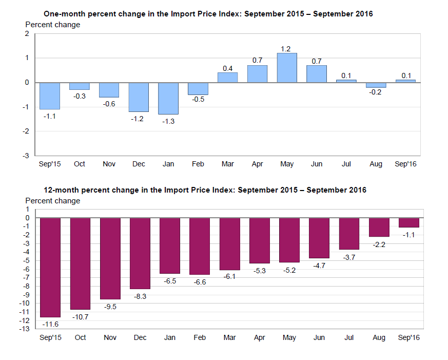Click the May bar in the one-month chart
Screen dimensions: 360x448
click(x=287, y=68)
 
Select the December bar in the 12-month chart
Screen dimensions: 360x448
click(x=140, y=253)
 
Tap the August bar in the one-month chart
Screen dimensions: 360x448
click(x=376, y=85)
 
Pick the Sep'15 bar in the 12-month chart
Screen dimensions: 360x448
click(x=50, y=268)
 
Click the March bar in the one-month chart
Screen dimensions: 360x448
click(x=227, y=78)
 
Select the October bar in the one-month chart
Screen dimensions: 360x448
click(x=80, y=86)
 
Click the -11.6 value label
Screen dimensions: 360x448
click(x=50, y=324)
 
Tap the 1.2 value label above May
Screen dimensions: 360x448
click(x=286, y=49)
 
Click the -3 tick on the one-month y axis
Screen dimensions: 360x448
click(x=27, y=156)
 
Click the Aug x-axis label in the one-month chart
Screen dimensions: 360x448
click(x=376, y=164)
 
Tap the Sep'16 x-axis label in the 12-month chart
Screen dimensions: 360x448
click(x=409, y=337)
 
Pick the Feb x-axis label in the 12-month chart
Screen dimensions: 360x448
click(x=200, y=337)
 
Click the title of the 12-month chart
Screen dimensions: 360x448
click(x=205, y=190)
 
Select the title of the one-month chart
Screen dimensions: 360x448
click(x=208, y=14)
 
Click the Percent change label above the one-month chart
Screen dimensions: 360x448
click(x=53, y=25)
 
